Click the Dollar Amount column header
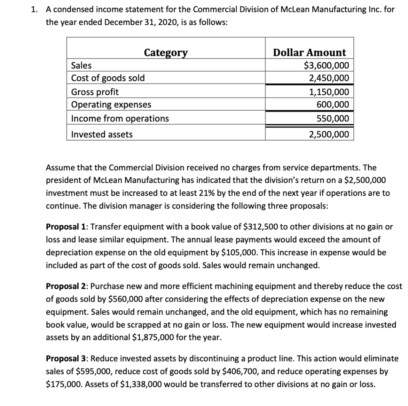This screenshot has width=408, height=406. tap(310, 53)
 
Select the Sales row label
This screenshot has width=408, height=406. tap(81, 65)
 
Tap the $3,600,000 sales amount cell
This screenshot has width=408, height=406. tap(326, 65)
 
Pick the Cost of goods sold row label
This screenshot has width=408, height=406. tap(108, 78)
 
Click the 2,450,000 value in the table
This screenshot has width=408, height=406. tap(329, 78)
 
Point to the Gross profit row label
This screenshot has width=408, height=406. tap(95, 92)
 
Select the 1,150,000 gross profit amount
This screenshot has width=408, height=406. tap(329, 92)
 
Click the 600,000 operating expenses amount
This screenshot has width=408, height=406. tap(333, 104)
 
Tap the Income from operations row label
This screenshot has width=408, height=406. tap(120, 119)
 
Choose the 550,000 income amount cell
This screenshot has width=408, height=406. tap(333, 119)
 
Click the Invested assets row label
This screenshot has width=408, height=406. tap(102, 135)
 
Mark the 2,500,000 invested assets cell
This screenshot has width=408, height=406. tap(329, 135)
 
